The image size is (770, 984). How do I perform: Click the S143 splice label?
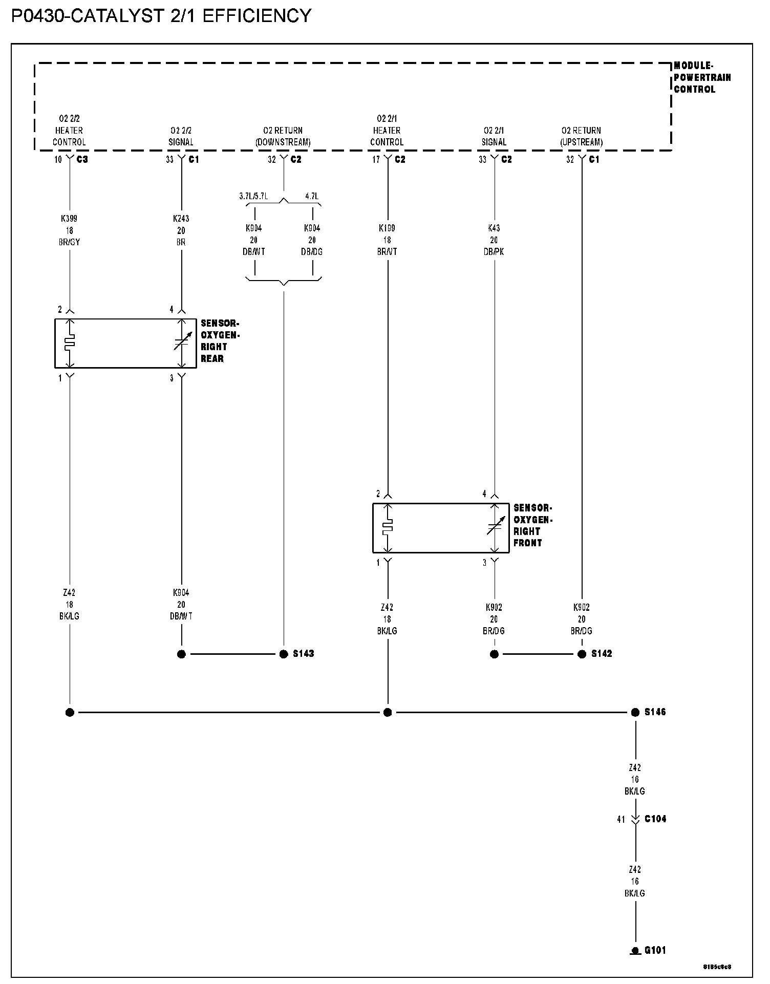coord(303,654)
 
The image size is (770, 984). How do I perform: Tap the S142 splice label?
coord(602,654)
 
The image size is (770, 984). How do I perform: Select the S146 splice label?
coord(655,712)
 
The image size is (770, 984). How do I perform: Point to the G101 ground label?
coord(655,951)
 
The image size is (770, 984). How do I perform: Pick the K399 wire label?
coord(69,219)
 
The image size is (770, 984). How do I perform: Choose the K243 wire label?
coord(181,219)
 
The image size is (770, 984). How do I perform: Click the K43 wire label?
coord(494,228)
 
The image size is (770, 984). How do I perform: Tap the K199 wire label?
coord(387,228)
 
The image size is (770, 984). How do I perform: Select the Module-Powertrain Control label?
coord(702,77)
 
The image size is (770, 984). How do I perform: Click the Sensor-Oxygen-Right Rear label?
coord(220,341)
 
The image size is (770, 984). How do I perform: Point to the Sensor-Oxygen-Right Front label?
coord(533,525)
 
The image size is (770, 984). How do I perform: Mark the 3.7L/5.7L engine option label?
coord(253,196)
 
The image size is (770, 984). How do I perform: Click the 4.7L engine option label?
coord(312,196)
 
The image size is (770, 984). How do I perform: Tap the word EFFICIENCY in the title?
coord(257,16)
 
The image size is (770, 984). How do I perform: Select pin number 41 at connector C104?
coord(621,819)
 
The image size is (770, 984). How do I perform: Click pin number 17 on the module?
coord(376,160)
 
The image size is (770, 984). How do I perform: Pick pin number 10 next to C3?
coord(58,160)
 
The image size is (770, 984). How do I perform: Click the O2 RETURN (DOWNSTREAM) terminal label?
coord(283,136)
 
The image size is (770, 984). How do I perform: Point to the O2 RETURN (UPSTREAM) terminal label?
coord(581,136)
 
